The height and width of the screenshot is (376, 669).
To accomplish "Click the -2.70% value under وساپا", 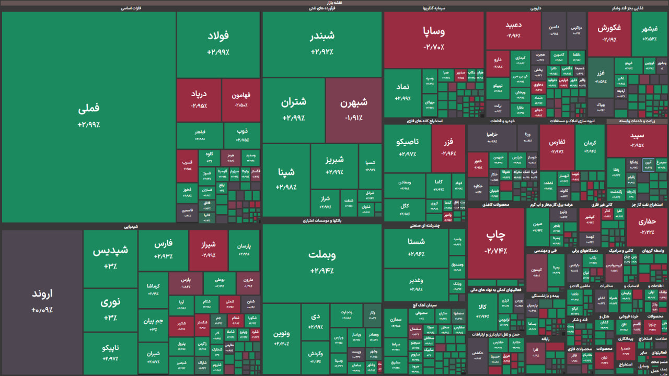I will click(434, 47).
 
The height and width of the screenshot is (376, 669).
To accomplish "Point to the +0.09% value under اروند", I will click(42, 310).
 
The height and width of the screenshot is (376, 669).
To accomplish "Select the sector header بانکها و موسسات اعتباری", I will click(322, 221).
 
